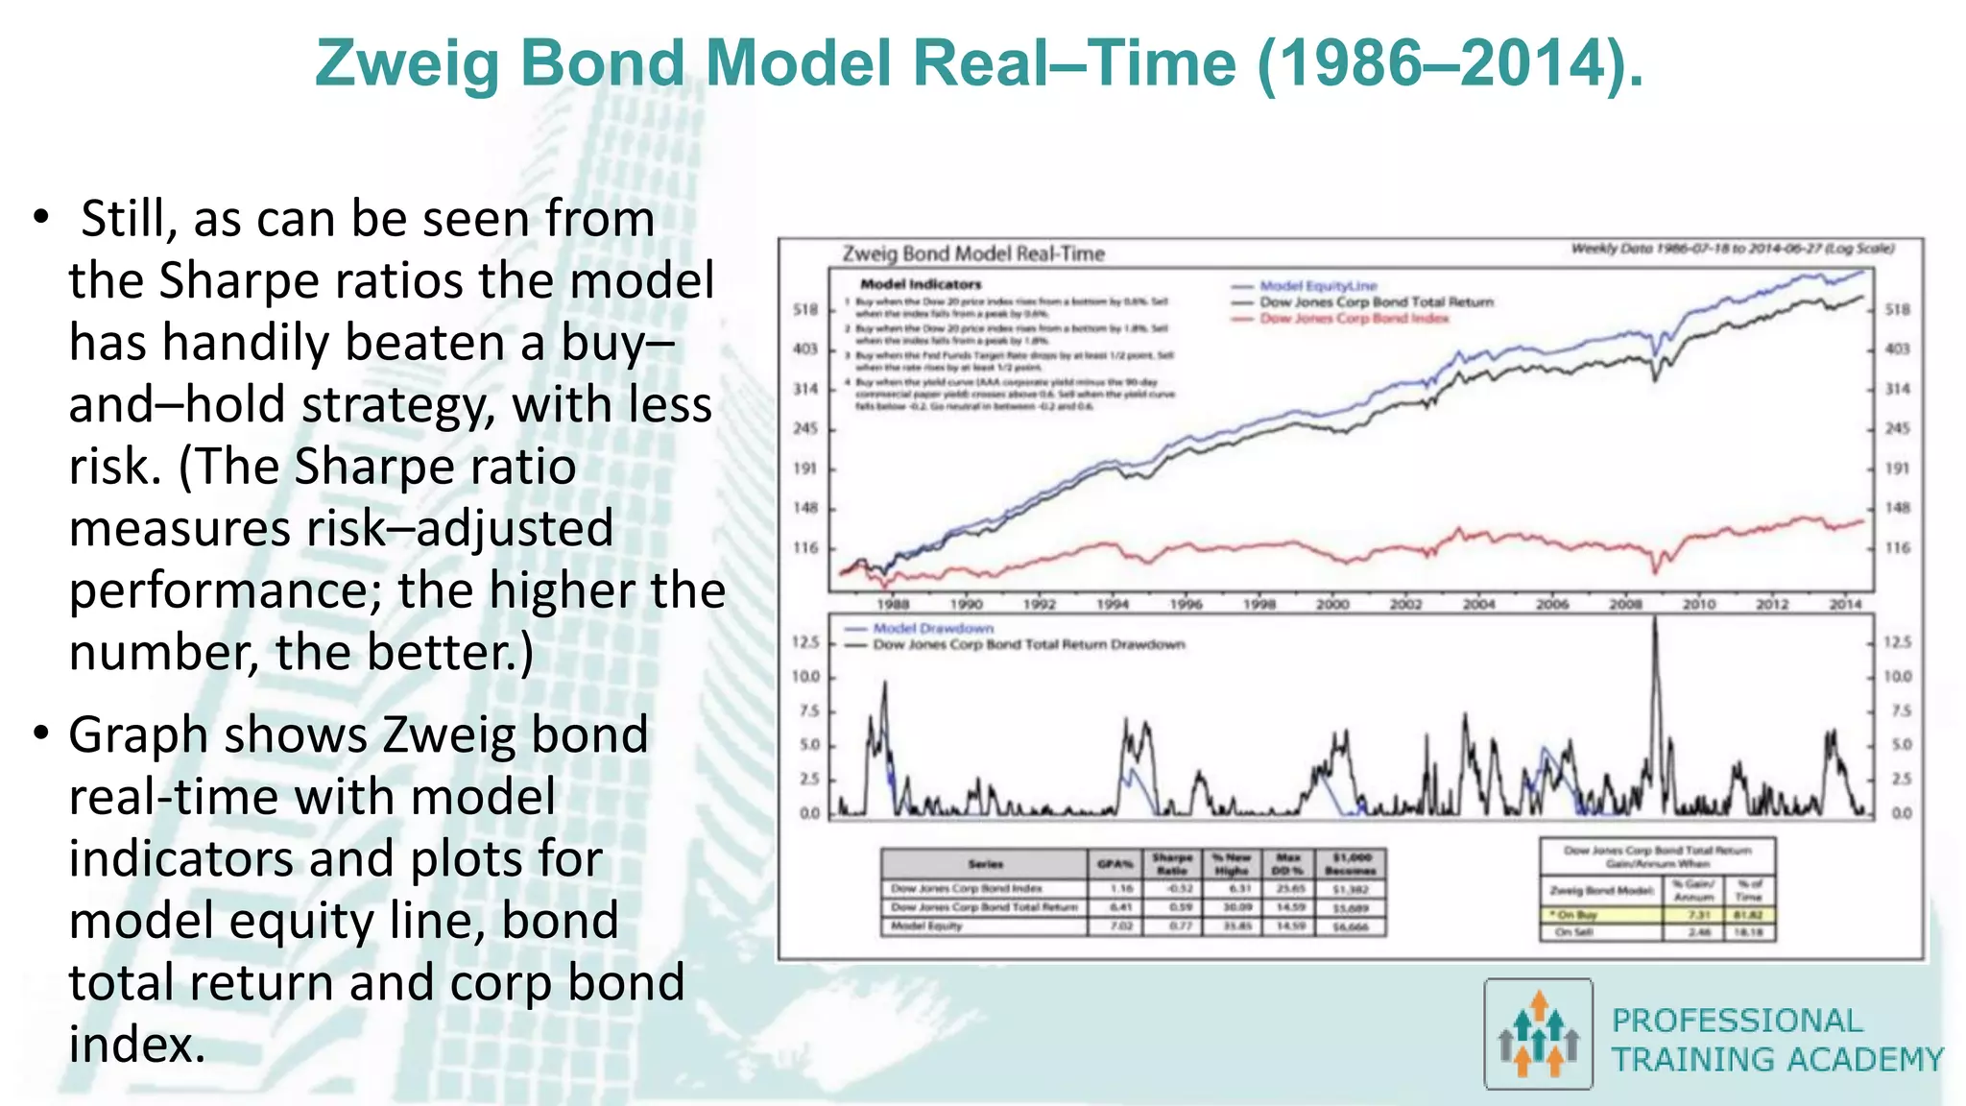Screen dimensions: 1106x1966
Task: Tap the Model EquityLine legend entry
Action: [1317, 286]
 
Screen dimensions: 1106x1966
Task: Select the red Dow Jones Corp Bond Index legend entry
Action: [1353, 319]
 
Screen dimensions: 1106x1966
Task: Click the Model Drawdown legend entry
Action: [932, 629]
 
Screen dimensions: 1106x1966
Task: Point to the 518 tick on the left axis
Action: [804, 310]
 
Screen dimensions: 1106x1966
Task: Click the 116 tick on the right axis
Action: [1897, 548]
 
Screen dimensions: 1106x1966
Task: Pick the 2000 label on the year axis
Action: [1331, 605]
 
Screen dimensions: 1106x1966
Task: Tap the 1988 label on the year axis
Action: [893, 605]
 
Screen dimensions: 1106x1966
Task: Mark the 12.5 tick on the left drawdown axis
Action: [805, 641]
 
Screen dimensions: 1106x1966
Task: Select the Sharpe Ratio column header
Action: [1172, 863]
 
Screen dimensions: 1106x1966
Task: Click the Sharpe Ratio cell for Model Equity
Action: [1179, 926]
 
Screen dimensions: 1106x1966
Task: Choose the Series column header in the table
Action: [985, 864]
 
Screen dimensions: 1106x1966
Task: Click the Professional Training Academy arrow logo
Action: [1539, 1034]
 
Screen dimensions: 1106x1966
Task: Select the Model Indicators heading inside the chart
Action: [920, 284]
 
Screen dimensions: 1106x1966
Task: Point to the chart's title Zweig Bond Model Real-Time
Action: [972, 254]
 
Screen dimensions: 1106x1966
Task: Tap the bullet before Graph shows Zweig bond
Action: [40, 733]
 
